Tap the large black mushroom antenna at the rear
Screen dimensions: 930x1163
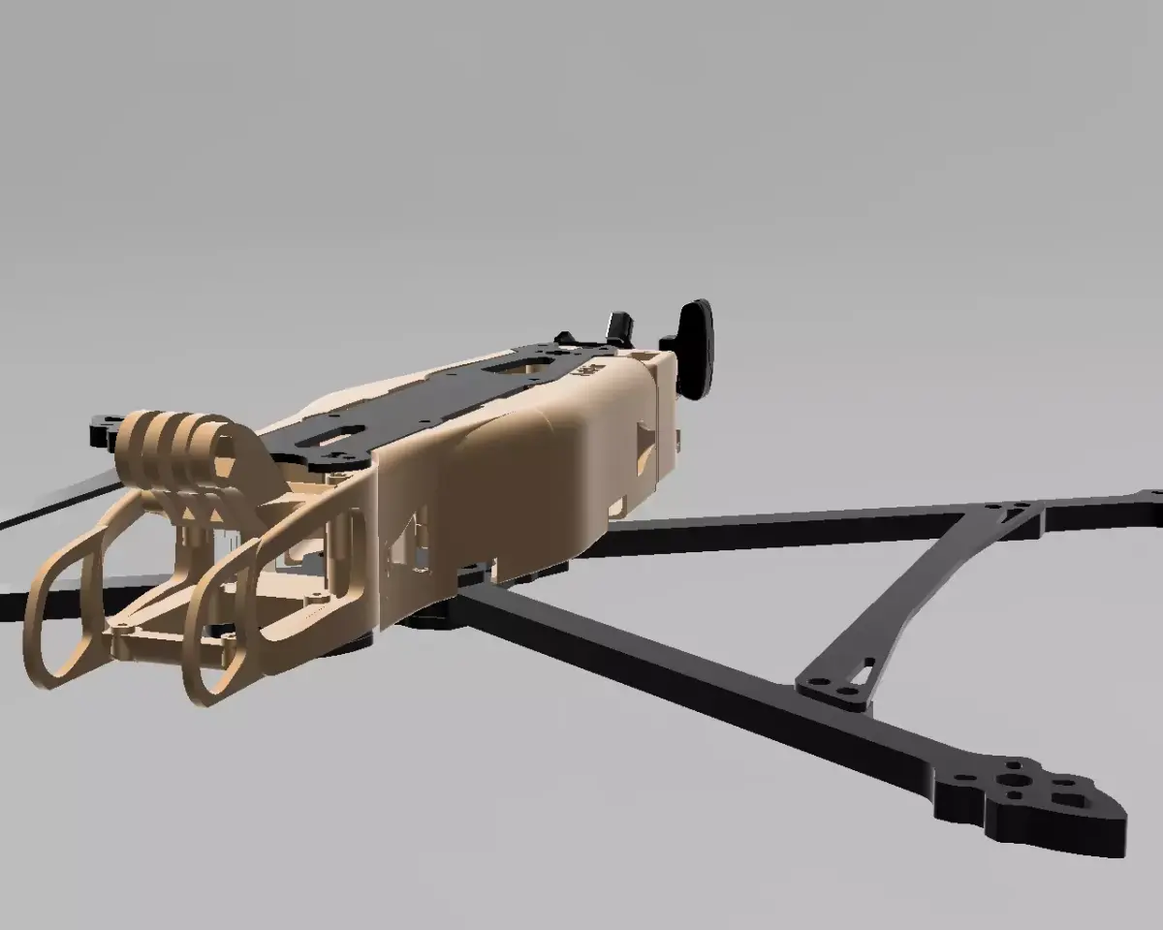[695, 347]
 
